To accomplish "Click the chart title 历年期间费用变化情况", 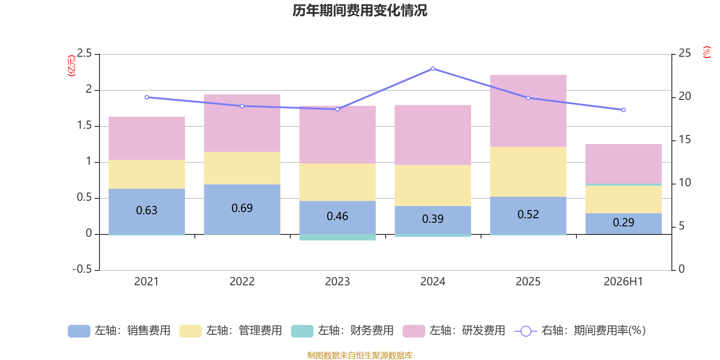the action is pyautogui.click(x=360, y=11).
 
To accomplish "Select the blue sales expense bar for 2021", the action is pyautogui.click(x=147, y=211).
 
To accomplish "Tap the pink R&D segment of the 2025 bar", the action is pyautogui.click(x=528, y=111).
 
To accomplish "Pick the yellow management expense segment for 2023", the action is pyautogui.click(x=337, y=182).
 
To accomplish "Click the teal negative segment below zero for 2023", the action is pyautogui.click(x=337, y=237).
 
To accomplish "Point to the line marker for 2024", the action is pyautogui.click(x=433, y=69).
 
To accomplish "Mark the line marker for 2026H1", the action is pyautogui.click(x=624, y=110).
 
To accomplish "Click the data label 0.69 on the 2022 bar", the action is pyautogui.click(x=242, y=208).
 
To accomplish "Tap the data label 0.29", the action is pyautogui.click(x=624, y=222).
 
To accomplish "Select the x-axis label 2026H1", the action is pyautogui.click(x=623, y=282).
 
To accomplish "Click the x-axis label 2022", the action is pyautogui.click(x=242, y=282).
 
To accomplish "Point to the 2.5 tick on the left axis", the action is pyautogui.click(x=84, y=53).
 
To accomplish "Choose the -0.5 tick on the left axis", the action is pyautogui.click(x=82, y=269).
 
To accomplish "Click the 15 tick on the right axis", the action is pyautogui.click(x=684, y=139).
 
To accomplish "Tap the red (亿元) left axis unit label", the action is pyautogui.click(x=72, y=66).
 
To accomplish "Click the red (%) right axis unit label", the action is pyautogui.click(x=706, y=52).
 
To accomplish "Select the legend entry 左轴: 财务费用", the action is pyautogui.click(x=342, y=331).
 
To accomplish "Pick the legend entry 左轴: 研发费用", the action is pyautogui.click(x=454, y=331).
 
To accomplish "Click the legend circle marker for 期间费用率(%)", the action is pyautogui.click(x=526, y=331).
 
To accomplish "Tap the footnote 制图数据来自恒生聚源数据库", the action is pyautogui.click(x=360, y=355).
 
